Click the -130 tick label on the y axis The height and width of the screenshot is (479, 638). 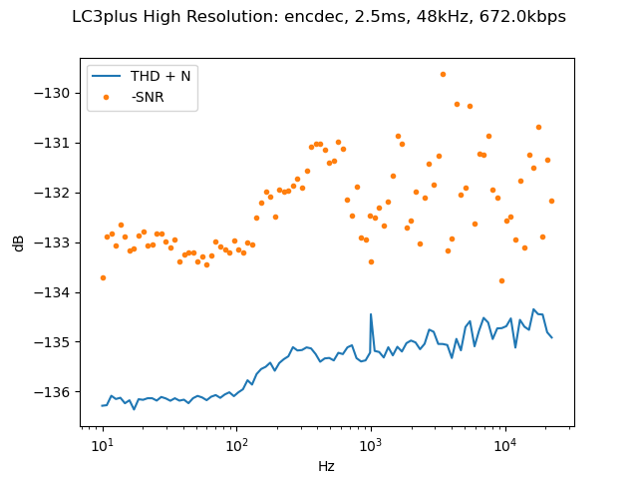(57, 93)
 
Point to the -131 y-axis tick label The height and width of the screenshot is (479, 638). (57, 143)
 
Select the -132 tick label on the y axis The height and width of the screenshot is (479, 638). (57, 193)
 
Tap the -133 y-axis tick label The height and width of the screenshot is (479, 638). (57, 242)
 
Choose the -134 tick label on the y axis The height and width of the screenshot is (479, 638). (57, 292)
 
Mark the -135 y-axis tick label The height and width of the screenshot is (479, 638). (57, 342)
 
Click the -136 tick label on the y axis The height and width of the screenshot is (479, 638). (57, 392)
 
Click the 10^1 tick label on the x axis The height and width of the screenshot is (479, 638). (102, 445)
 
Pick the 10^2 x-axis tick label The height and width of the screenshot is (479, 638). (236, 445)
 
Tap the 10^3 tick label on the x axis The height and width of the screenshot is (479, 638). (371, 445)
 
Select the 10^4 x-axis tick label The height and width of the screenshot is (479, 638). (504, 445)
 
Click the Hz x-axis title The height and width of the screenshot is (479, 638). (326, 466)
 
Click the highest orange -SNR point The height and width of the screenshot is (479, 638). (443, 74)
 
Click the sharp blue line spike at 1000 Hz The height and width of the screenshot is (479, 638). (371, 314)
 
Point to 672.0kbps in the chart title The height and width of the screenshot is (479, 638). (526, 17)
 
